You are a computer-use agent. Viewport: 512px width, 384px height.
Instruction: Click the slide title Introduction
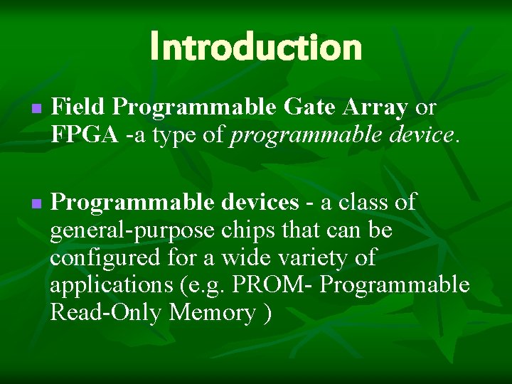coord(256,47)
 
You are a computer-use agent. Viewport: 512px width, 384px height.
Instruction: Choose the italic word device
coord(421,135)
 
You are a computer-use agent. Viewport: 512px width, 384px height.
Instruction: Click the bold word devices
coord(259,203)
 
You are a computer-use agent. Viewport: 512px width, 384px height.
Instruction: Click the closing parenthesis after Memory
coord(267,314)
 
